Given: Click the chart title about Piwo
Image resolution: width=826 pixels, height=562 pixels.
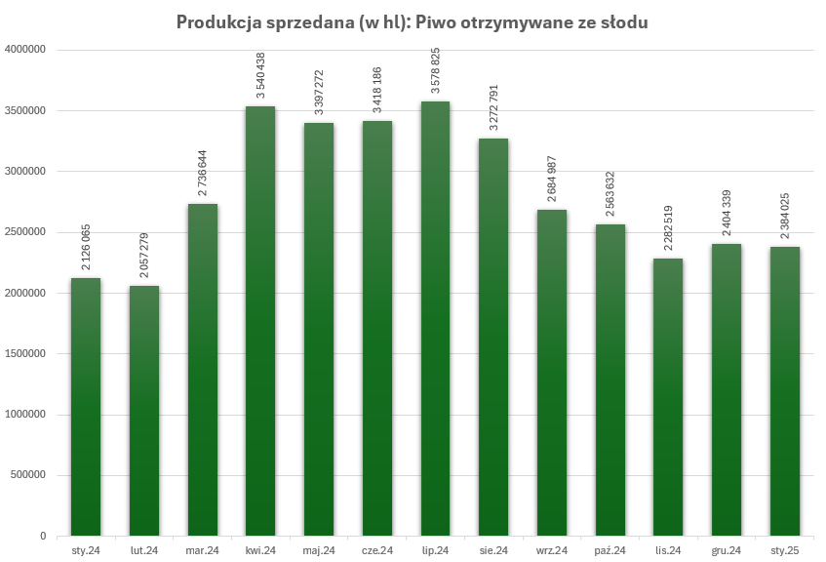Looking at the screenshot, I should (412, 21).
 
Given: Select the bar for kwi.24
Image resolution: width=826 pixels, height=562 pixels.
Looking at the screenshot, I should (260, 322).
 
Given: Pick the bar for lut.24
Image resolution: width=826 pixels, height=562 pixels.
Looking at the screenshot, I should (143, 410).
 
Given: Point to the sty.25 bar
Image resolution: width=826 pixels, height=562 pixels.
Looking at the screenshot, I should (784, 390).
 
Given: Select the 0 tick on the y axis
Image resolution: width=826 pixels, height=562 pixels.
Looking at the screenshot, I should (43, 537).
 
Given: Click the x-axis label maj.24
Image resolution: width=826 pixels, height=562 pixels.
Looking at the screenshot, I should (319, 551).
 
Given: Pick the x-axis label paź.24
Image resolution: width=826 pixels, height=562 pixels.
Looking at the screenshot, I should (610, 551).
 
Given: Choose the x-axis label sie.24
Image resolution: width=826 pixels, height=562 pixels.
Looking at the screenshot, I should (493, 551).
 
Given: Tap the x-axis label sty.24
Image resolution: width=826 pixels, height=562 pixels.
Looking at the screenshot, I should (86, 551).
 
